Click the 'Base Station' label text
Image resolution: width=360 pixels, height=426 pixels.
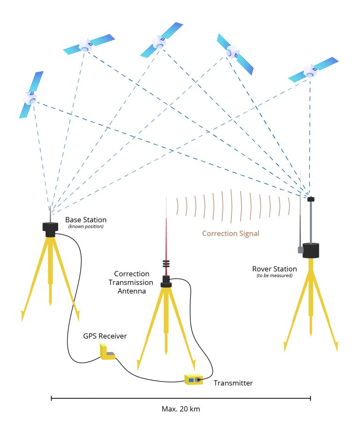(x=86, y=219)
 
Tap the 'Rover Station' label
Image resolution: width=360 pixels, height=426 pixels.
(x=274, y=269)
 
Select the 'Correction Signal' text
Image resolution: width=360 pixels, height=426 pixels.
(x=231, y=233)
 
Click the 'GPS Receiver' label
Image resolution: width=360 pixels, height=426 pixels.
(x=105, y=336)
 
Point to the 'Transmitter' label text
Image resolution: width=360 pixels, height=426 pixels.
(x=233, y=383)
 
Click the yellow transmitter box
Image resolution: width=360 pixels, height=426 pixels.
(x=194, y=379)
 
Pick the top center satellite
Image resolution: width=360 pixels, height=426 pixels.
(x=161, y=41)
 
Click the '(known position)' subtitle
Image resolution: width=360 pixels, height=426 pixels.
(x=85, y=227)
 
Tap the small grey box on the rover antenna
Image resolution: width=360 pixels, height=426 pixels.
(x=300, y=250)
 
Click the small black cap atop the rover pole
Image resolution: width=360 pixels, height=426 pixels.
(x=310, y=199)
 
